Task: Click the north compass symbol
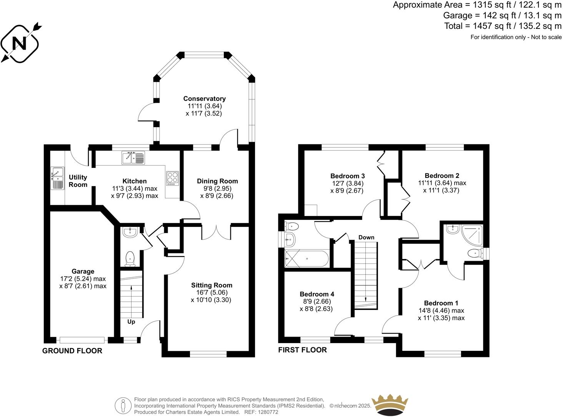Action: pyautogui.click(x=20, y=43)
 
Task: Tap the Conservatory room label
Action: pyautogui.click(x=204, y=99)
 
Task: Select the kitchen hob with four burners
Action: pyautogui.click(x=172, y=178)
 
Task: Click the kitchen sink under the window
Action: pyautogui.click(x=133, y=158)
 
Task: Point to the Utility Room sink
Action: pyautogui.click(x=57, y=178)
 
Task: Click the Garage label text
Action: pyautogui.click(x=83, y=272)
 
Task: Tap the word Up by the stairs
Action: pyautogui.click(x=131, y=322)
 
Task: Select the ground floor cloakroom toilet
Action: pyautogui.click(x=130, y=258)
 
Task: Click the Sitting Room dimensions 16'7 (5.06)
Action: pyautogui.click(x=212, y=292)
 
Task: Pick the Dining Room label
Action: pyautogui.click(x=217, y=181)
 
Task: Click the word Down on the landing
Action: pyautogui.click(x=366, y=237)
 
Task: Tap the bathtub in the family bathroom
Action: pyautogui.click(x=306, y=259)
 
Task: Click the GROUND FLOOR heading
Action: pyautogui.click(x=72, y=351)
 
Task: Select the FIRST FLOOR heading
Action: pyautogui.click(x=302, y=350)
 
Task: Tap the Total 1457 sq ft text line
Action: pyautogui.click(x=503, y=26)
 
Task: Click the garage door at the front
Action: pyautogui.click(x=82, y=340)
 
